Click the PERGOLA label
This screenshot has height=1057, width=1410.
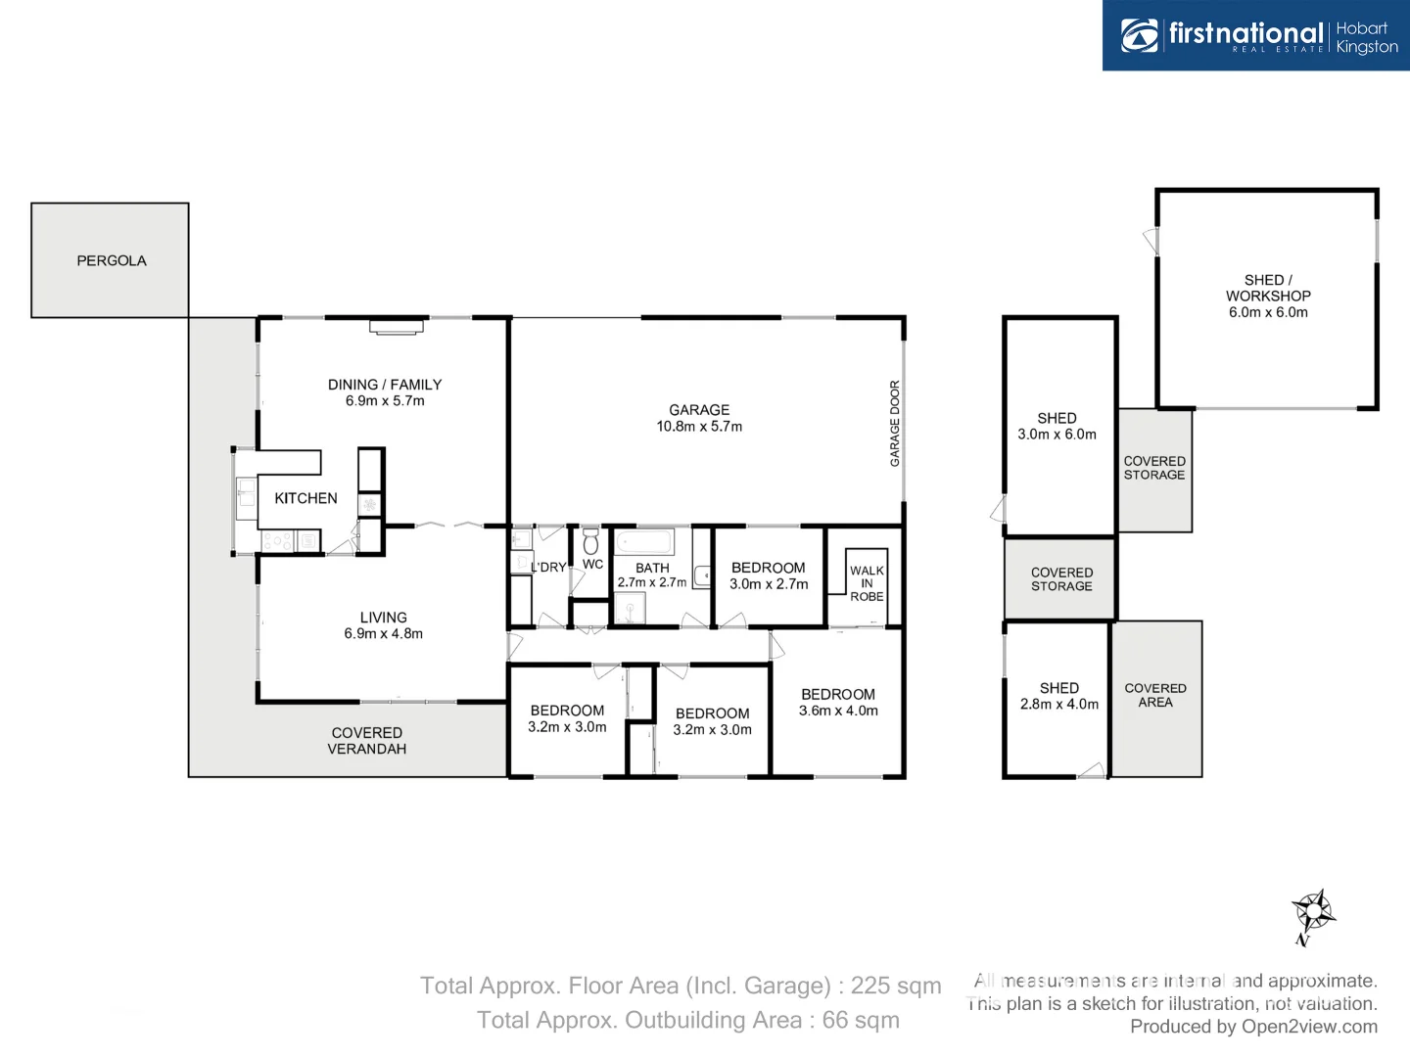tap(112, 260)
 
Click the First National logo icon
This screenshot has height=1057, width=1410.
tap(1139, 35)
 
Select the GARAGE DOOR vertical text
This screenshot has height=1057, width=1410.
tap(894, 423)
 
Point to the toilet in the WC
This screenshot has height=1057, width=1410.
tap(590, 541)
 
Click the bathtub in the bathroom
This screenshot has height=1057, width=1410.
tap(643, 541)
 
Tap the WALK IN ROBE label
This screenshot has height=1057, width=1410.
tap(867, 583)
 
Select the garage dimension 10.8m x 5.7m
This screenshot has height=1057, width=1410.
tap(699, 427)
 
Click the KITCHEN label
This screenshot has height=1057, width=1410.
tap(305, 498)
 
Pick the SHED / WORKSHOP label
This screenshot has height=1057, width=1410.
tap(1268, 288)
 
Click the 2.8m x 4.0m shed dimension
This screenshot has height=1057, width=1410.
tap(1059, 704)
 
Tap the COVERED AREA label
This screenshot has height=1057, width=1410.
tap(1155, 695)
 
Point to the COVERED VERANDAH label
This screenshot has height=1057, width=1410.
tap(367, 741)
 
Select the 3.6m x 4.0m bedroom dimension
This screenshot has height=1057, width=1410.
tap(838, 711)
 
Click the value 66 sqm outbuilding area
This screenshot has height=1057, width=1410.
tap(861, 1020)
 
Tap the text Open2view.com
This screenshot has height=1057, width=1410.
tap(1309, 1027)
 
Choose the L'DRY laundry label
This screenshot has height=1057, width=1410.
tap(548, 568)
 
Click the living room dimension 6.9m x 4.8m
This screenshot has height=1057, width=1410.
tap(383, 633)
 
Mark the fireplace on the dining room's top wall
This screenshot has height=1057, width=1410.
tap(397, 327)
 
